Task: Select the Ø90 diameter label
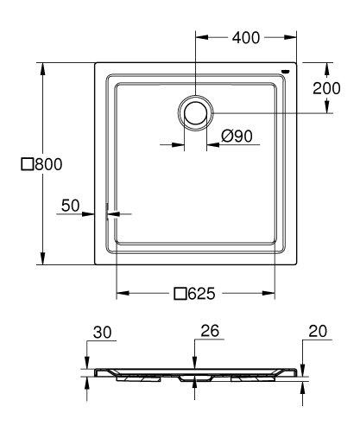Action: click(x=236, y=136)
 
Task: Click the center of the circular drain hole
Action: click(x=196, y=112)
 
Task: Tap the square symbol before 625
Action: click(x=180, y=293)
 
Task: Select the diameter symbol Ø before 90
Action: click(x=226, y=136)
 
